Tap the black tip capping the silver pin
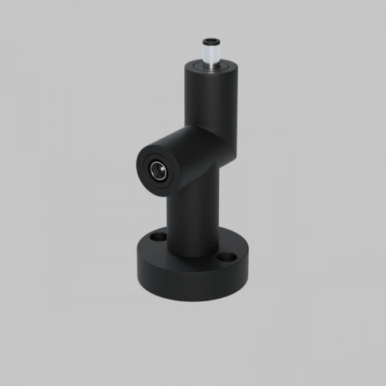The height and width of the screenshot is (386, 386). point(212,41)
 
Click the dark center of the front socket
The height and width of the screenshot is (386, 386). point(157,171)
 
